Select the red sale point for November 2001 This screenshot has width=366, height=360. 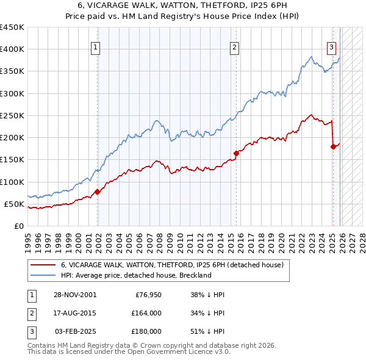97,192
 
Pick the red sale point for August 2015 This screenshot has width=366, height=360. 235,154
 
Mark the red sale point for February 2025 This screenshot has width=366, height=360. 333,146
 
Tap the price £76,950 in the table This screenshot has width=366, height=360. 146,294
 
